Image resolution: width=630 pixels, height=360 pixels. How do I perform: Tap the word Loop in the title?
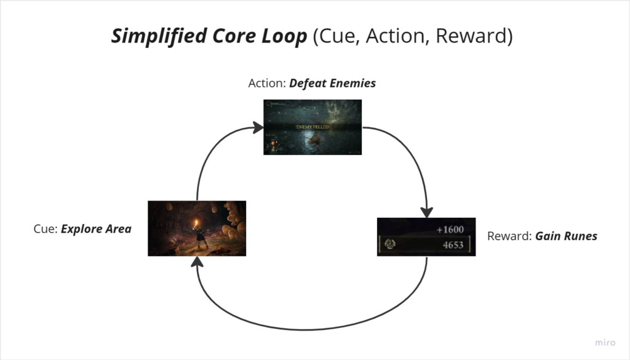coord(284,36)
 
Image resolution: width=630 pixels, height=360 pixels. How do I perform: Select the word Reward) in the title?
coord(474,36)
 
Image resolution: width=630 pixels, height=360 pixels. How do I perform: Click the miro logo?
coord(605,342)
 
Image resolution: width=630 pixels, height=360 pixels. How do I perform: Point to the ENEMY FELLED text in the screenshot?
coord(313,127)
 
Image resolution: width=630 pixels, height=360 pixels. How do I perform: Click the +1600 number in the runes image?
coord(450,230)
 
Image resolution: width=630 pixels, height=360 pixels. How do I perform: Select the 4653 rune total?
coord(452,244)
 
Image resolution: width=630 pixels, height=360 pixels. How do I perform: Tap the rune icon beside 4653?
coord(389,244)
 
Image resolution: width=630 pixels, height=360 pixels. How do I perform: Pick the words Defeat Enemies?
coord(333,83)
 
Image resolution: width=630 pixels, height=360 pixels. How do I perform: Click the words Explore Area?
coord(96,229)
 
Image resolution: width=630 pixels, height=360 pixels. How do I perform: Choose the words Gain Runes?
coord(566,236)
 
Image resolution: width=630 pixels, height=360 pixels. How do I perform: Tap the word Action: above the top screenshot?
coord(267,83)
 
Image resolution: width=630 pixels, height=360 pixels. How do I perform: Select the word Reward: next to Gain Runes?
coord(509,236)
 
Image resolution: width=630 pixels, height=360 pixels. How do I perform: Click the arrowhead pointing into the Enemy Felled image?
coord(258,129)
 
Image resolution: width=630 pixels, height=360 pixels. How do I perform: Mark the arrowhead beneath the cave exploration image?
coord(197,262)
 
